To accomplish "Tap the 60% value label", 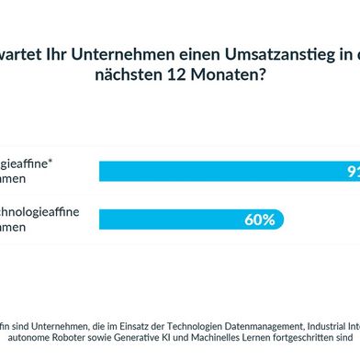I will tap(258, 219).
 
